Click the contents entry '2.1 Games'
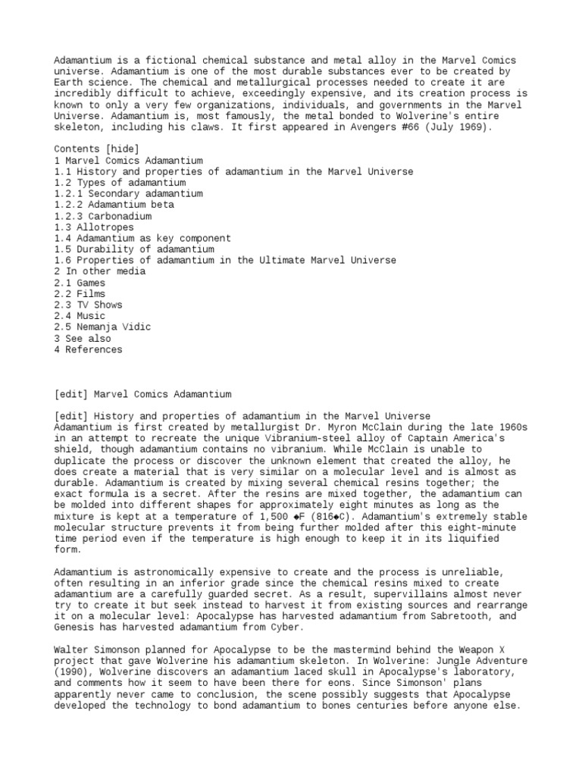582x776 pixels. [x=80, y=283]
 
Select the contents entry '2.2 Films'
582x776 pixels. [x=80, y=294]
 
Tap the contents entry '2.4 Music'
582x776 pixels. [x=80, y=316]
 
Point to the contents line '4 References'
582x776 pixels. [x=88, y=349]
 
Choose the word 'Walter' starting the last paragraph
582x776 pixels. [x=71, y=649]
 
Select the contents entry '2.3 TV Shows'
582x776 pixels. [x=88, y=305]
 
